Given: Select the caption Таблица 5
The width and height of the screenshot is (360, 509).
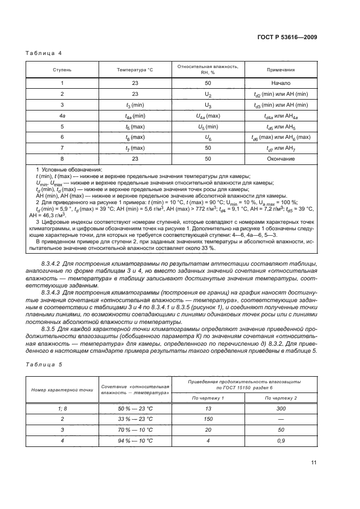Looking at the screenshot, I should (x=44, y=364).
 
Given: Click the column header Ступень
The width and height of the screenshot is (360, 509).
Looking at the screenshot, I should (x=62, y=70).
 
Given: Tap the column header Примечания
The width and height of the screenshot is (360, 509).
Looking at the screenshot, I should (x=280, y=70).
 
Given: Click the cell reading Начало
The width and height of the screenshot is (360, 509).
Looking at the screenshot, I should (x=280, y=83).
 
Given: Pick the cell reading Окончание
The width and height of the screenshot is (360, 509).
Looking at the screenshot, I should (x=280, y=158).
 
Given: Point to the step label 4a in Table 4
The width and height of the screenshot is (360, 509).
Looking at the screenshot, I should (x=62, y=115).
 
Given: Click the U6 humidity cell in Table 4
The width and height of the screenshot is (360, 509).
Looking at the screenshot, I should (x=208, y=137).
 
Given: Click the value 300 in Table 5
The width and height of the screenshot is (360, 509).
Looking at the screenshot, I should (x=280, y=408).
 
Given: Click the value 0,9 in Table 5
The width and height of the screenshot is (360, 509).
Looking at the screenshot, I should (x=280, y=440).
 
